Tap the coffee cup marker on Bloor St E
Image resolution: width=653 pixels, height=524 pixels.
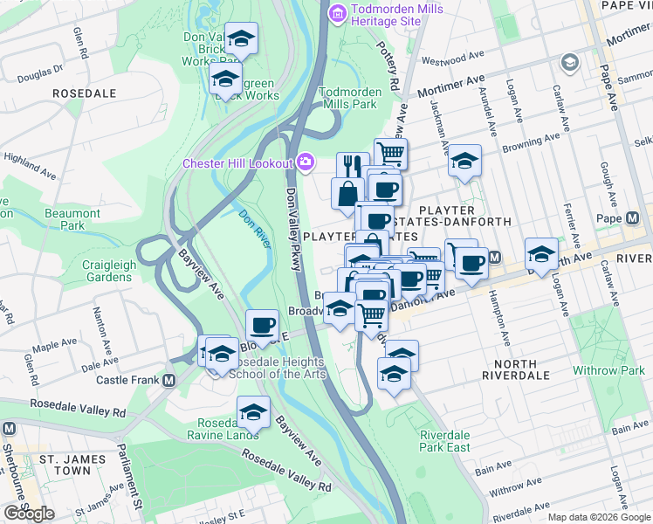[x=262, y=325]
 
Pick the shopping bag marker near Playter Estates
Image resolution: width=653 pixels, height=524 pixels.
[x=347, y=192]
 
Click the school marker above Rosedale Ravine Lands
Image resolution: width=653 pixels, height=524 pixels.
[x=253, y=410]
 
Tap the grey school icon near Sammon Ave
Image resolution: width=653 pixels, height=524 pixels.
[x=570, y=62]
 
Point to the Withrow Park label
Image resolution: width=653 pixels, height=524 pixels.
[x=608, y=370]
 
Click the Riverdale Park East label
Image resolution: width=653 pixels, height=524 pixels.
[x=444, y=441]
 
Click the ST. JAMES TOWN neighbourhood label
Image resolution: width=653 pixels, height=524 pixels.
[x=65, y=464]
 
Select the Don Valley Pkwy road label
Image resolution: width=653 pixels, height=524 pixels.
[x=293, y=218]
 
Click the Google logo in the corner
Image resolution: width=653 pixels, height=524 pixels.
[x=29, y=514]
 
